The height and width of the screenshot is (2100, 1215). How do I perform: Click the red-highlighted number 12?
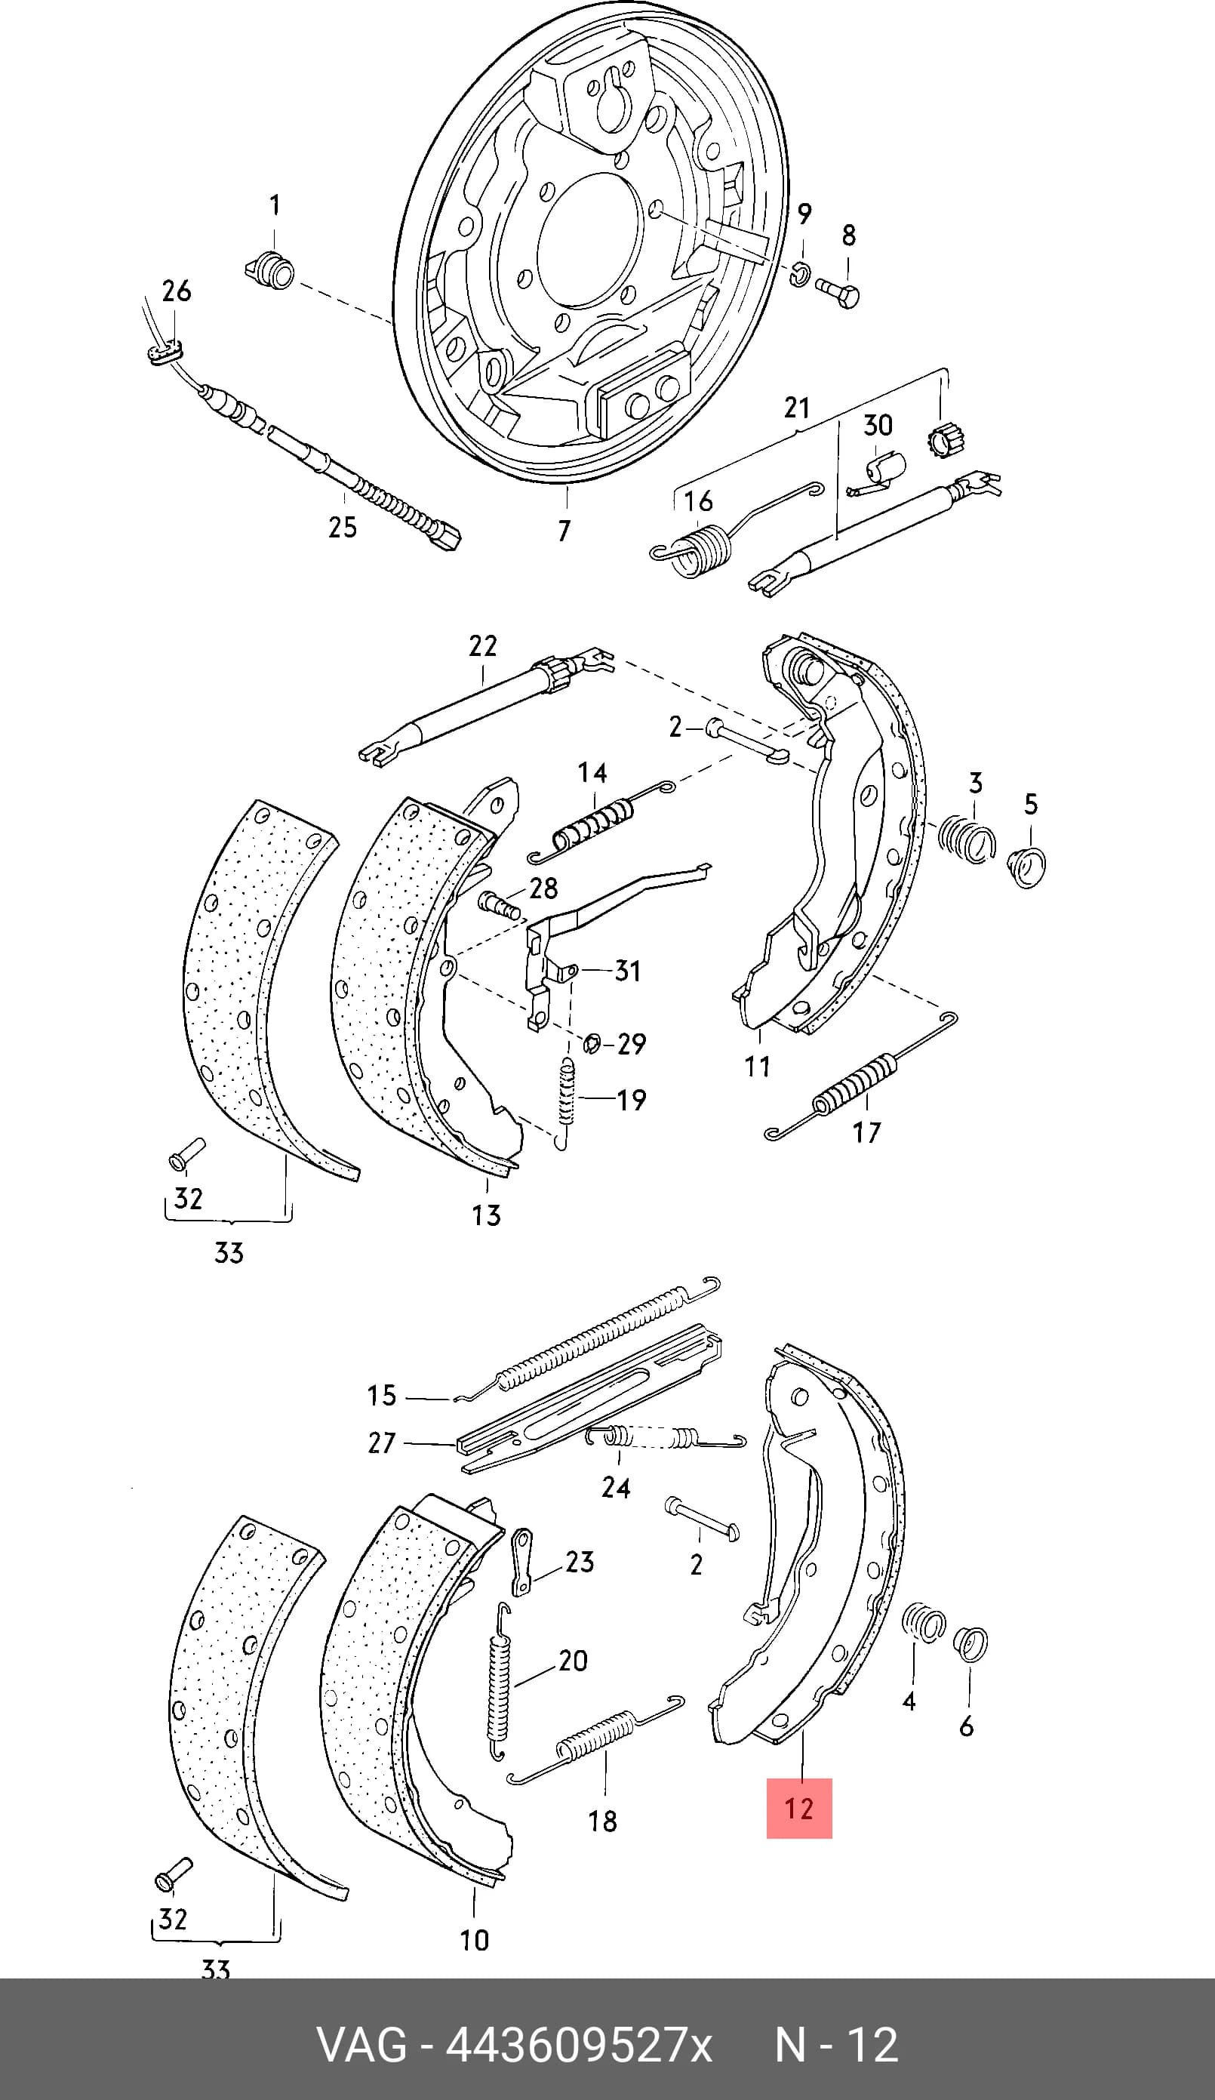(x=798, y=1809)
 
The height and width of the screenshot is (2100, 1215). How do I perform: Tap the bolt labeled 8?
(x=838, y=292)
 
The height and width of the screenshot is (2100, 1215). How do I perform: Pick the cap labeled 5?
(x=1026, y=867)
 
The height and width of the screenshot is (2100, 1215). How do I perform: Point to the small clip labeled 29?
(x=592, y=1042)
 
